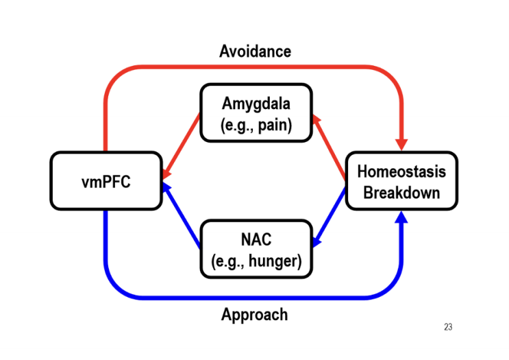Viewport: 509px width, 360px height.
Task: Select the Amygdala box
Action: pos(256,113)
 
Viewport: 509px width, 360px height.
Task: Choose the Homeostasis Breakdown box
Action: pos(401,181)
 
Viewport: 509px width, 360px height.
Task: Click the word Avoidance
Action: pos(255,51)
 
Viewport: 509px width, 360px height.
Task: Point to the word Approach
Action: pos(254,315)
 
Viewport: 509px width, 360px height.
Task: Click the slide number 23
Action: pos(448,327)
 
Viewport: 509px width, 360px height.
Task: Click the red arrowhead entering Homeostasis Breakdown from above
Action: pos(401,145)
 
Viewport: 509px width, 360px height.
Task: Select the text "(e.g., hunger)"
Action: pos(256,260)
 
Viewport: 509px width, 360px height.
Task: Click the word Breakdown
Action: pos(401,192)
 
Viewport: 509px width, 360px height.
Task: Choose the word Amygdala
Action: pos(256,104)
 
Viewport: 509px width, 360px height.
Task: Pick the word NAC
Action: pos(256,239)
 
